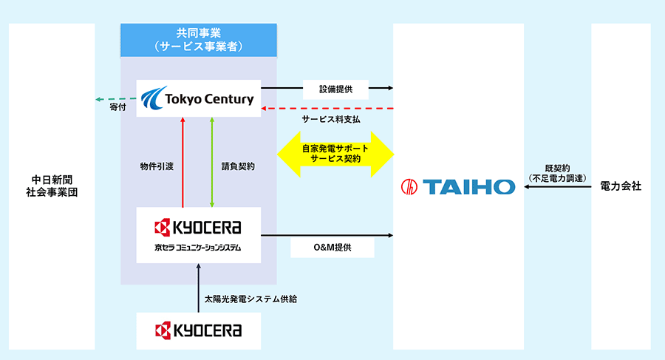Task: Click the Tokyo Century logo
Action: coord(199,98)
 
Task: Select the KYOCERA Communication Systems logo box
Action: coord(199,235)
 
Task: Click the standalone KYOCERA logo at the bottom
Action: coord(199,330)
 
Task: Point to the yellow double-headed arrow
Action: coord(335,154)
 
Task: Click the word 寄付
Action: coord(118,108)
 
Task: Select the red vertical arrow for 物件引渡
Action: coord(182,163)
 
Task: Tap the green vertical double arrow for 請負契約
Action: coord(212,163)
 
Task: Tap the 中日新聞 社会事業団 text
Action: coord(51,186)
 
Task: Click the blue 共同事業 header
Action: coord(199,39)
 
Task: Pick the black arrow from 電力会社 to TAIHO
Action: coord(557,187)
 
